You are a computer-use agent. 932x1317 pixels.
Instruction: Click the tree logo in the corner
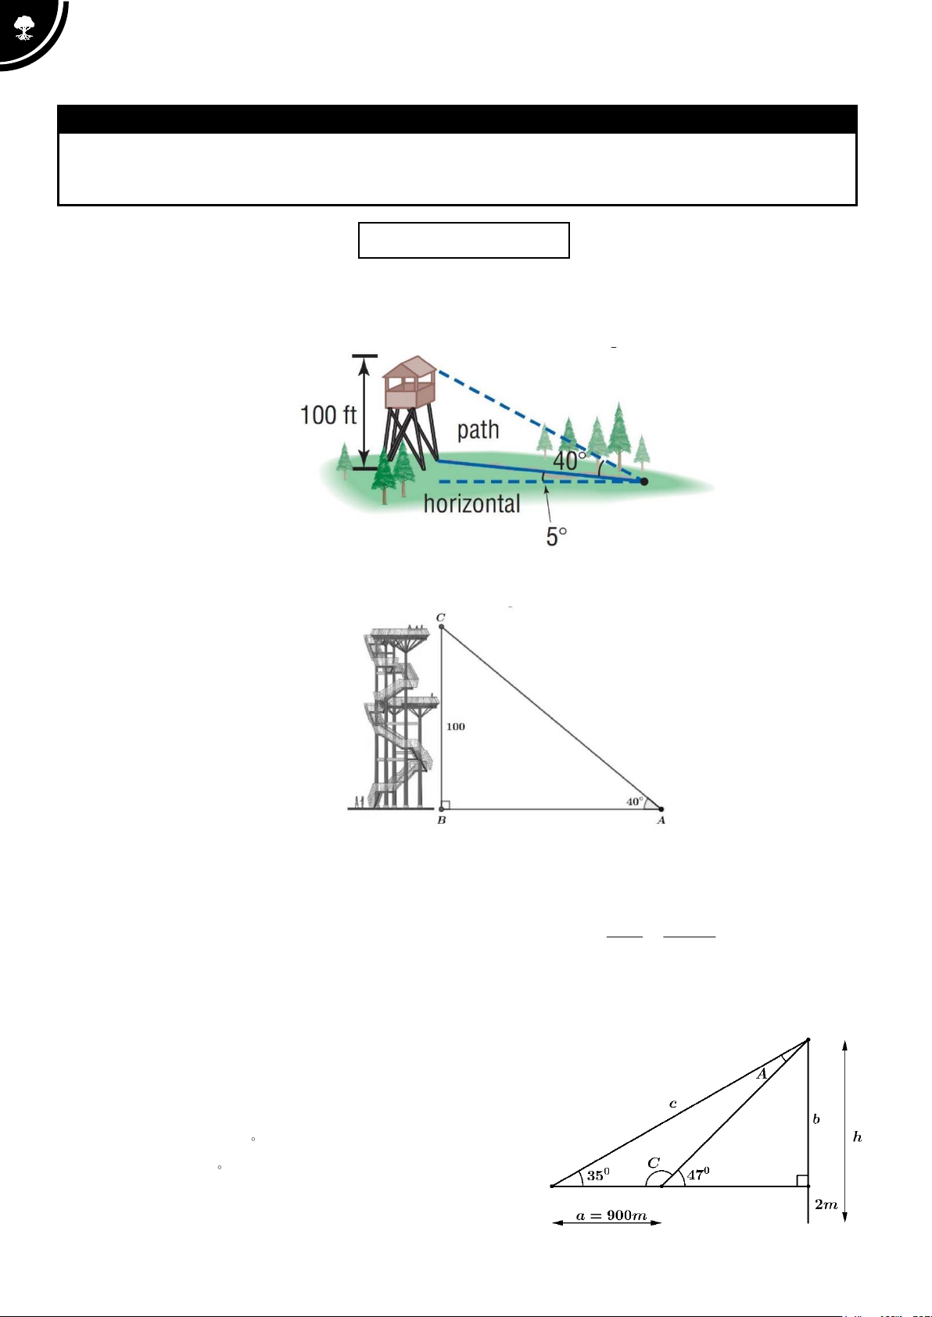23,27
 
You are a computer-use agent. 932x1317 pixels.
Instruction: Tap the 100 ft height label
328,415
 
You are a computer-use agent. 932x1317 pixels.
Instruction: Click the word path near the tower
478,430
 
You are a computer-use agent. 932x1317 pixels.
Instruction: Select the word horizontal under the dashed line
472,504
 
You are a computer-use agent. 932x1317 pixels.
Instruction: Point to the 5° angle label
556,536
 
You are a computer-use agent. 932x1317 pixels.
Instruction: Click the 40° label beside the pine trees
568,460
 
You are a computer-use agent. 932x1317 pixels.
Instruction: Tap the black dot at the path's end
643,481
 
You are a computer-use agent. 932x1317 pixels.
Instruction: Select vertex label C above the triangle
440,617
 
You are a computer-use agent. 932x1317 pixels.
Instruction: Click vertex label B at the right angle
442,820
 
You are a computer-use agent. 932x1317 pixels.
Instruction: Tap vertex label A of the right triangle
661,820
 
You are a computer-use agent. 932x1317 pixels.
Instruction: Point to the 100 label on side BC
456,727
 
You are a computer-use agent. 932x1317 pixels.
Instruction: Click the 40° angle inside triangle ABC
634,801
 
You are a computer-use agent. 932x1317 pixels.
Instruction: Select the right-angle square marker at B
446,805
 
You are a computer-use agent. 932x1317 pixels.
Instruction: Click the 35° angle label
598,1175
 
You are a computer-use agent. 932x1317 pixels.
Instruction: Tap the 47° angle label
698,1173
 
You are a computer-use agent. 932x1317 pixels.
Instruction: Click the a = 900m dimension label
611,1215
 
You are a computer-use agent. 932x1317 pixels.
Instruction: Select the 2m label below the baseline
826,1204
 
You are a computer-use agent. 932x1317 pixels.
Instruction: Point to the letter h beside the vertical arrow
857,1137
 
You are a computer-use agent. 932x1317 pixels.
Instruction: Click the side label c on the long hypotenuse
673,1104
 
